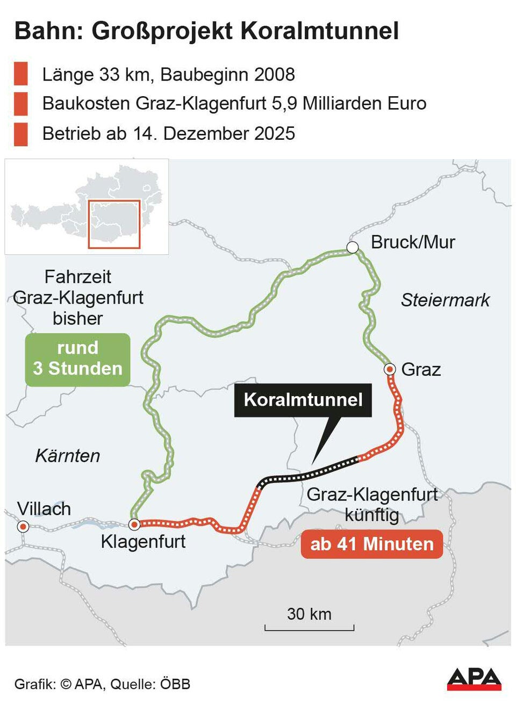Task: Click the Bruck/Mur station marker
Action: (x=353, y=247)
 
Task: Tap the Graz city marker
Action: (x=390, y=369)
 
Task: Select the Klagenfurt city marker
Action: (x=134, y=525)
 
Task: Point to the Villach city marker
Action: (x=23, y=526)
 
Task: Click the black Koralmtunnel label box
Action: (x=303, y=400)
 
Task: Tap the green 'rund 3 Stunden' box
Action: (x=78, y=358)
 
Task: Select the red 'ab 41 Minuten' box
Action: (x=372, y=544)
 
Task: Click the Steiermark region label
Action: (x=445, y=300)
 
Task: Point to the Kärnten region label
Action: (x=68, y=456)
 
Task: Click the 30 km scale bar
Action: (x=309, y=627)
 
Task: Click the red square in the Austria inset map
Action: (x=114, y=224)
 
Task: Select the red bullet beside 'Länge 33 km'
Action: (x=21, y=74)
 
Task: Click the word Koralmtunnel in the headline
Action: (x=320, y=31)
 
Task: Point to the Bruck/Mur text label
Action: (x=413, y=242)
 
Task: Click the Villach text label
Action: (x=44, y=508)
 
